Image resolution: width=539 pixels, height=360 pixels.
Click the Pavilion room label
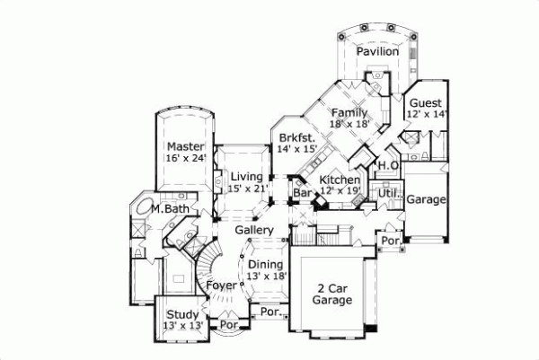tap(376, 52)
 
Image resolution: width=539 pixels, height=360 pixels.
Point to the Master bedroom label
tap(185, 146)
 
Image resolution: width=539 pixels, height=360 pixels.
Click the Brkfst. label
tap(295, 137)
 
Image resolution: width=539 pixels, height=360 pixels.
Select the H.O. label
tap(387, 166)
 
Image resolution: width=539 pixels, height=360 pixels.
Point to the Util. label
tap(388, 193)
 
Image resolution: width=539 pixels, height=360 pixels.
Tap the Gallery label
tap(254, 231)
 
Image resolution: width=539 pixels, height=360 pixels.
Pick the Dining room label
tap(266, 265)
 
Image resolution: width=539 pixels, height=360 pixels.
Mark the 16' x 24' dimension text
tap(185, 158)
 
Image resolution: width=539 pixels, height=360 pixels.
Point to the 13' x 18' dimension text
tap(266, 277)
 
